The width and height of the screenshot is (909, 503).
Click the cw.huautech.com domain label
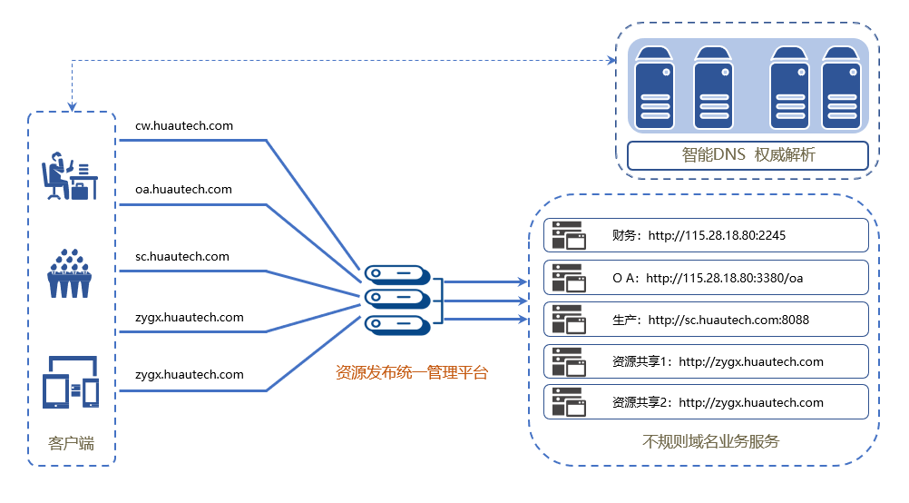(183, 126)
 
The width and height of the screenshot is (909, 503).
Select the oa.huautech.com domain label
(183, 190)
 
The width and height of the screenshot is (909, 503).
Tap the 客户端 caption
(71, 443)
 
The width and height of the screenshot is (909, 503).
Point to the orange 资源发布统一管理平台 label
(412, 372)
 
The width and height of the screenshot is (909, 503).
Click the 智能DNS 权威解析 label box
(748, 155)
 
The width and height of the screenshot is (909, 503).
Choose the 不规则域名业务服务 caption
(710, 442)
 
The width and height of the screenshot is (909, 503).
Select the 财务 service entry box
(706, 235)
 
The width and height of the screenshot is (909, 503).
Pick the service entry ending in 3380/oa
(706, 278)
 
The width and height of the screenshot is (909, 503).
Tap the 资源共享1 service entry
(706, 361)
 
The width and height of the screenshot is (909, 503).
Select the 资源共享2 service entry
(706, 402)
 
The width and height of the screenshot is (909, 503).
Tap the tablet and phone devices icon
(70, 383)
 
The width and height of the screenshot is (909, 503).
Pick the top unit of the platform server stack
(396, 273)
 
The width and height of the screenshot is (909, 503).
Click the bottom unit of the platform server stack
(396, 324)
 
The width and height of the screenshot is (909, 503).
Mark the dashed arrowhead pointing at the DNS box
(611, 61)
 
